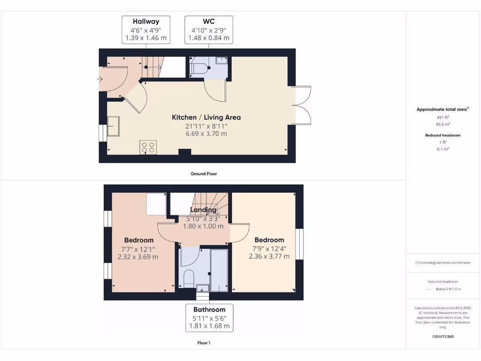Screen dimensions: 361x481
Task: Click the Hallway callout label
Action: tap(146, 30)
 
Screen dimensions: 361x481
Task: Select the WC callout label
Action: tap(209, 30)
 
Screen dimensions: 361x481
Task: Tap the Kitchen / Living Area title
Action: tap(206, 117)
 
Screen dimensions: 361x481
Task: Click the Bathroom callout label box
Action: tap(209, 317)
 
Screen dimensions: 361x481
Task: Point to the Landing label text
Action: tap(203, 210)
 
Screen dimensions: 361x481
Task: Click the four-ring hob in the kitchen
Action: tap(148, 147)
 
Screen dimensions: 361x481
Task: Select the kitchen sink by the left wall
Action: tap(113, 126)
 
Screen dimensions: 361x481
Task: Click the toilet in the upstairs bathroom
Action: tap(189, 278)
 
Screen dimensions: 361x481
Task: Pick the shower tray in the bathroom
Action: tap(218, 270)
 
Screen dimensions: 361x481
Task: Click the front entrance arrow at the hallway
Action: tap(100, 79)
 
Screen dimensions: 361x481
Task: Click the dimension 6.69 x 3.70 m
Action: tap(206, 133)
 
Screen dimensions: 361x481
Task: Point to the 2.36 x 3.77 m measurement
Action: tap(269, 256)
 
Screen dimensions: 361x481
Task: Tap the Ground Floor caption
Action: tap(203, 173)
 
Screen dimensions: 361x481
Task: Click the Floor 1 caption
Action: tap(203, 343)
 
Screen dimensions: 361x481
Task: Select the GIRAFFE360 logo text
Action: tap(443, 337)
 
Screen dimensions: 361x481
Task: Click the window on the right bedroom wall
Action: tap(299, 243)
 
